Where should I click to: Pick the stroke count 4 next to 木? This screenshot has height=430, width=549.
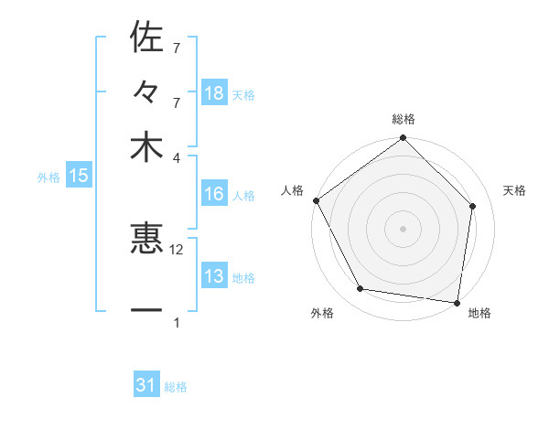177,157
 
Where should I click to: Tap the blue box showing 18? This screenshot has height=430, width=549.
214,93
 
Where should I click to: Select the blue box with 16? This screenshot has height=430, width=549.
214,194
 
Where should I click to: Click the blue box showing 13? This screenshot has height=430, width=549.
214,277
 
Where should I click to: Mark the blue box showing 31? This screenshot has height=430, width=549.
146,385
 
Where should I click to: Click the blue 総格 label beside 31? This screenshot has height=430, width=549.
176,387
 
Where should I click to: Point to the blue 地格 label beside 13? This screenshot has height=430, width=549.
243,278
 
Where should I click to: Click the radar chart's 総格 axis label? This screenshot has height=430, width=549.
404,119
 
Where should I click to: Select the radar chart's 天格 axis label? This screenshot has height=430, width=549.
515,190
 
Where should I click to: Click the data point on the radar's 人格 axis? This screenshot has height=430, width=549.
316,200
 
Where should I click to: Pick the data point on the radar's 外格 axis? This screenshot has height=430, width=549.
361,289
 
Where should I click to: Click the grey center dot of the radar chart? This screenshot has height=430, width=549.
404,228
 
